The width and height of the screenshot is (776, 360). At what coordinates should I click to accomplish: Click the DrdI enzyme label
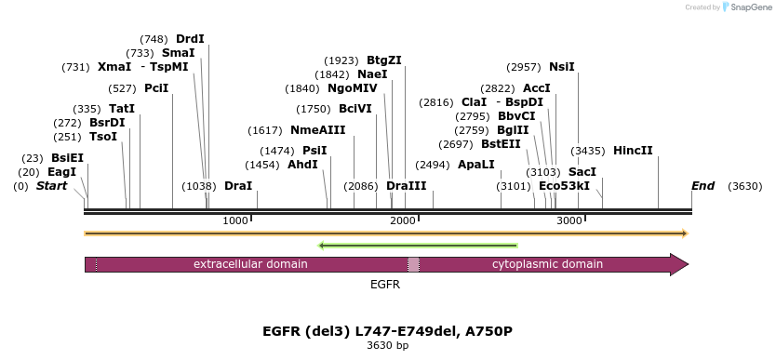(190, 39)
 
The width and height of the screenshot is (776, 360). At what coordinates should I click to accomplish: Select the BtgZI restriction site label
(383, 60)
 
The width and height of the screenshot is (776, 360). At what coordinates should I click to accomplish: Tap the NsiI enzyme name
(562, 67)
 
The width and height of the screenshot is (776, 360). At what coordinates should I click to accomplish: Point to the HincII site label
(633, 151)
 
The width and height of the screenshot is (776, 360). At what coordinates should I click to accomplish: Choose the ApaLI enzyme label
(476, 165)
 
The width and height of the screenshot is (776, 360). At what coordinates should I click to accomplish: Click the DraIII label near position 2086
(406, 186)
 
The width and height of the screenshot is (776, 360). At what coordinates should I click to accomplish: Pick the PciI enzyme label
(156, 88)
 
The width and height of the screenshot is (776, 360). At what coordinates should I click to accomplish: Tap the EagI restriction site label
(61, 172)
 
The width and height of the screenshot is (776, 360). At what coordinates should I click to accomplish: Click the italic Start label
(52, 186)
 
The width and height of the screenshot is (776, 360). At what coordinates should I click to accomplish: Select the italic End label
(702, 186)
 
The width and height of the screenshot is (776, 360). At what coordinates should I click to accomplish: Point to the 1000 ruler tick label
(235, 220)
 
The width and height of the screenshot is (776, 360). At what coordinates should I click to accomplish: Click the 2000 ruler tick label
(402, 220)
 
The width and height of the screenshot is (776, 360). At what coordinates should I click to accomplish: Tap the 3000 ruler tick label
(569, 220)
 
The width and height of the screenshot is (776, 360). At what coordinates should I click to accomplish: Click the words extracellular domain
(250, 264)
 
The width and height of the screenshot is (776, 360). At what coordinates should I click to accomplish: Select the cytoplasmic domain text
(547, 264)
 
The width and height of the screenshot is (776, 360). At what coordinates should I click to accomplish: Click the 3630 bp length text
(387, 346)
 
